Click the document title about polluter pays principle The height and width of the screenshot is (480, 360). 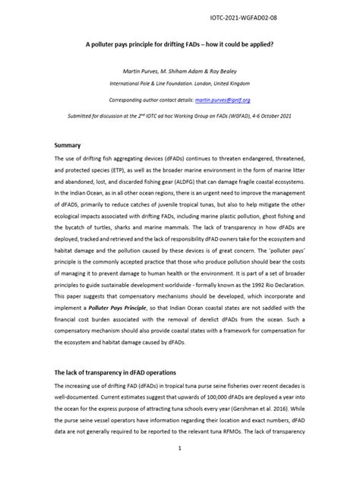click(x=179, y=45)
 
